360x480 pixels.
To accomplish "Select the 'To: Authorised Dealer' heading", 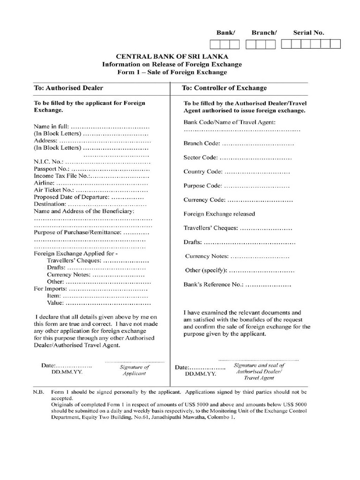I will tap(68, 88).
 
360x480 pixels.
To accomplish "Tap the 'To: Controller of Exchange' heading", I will tap(224, 88).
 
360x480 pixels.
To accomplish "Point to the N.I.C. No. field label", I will tap(48, 162).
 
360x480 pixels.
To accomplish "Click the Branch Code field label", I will tap(202, 143).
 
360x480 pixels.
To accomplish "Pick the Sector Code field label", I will tap(201, 157).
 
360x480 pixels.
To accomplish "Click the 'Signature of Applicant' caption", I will tap(135, 370).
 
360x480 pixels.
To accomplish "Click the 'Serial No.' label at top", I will tap(308, 33).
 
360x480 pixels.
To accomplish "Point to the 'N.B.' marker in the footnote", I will tap(38, 391).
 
